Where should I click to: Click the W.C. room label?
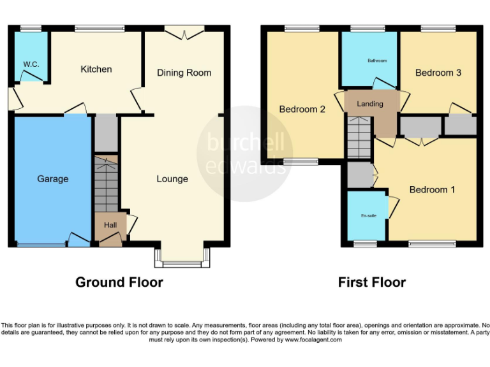(31, 64)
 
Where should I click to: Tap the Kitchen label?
(96, 69)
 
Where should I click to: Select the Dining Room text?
(184, 73)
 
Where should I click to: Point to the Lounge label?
(172, 178)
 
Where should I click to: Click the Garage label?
(52, 179)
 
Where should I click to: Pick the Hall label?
(110, 225)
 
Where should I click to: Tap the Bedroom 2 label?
(302, 109)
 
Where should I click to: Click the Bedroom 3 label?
(438, 73)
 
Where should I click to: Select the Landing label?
(370, 104)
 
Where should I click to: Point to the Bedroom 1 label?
(432, 189)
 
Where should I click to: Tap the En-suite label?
(368, 216)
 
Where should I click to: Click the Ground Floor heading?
(119, 282)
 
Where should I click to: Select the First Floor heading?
(372, 282)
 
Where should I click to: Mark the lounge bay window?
(182, 257)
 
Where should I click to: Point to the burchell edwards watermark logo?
(244, 153)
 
